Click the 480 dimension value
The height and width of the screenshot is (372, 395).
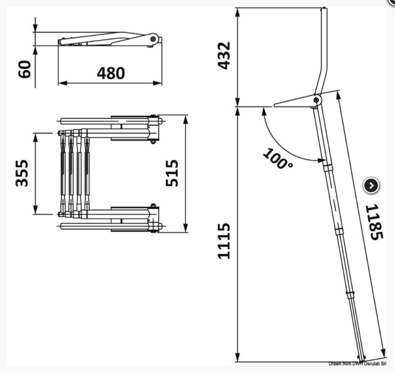pos(111,73)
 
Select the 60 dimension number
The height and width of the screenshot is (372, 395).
pos(25,69)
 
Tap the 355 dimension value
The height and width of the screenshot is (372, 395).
pos(22,173)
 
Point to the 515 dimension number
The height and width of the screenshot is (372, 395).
pos(172,173)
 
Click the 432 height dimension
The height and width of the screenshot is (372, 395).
pos(224,56)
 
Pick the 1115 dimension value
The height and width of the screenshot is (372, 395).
pos(224,241)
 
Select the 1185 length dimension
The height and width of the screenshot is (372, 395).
pos(375,222)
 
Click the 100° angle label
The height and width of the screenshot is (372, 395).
pos(278,159)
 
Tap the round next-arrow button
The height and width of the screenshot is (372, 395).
pos(371,186)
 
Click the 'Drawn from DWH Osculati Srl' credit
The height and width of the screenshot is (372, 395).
pos(358,364)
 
